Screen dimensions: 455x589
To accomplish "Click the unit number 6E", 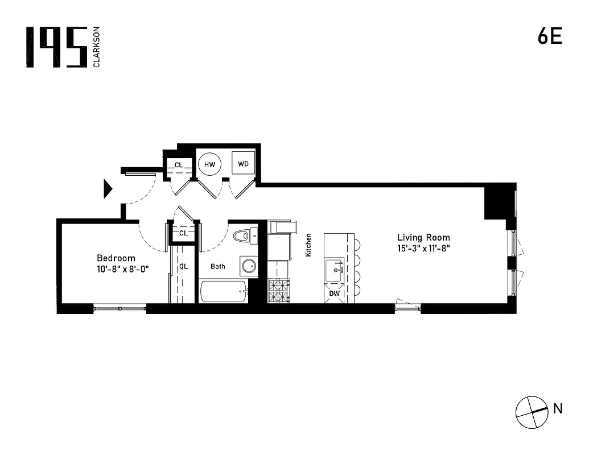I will point(550,36).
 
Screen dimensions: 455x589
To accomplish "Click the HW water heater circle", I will point(209,164).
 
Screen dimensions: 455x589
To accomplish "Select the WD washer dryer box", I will point(244,164).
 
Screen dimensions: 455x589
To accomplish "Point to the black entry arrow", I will point(108,189).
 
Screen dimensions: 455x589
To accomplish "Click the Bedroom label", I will point(116,258).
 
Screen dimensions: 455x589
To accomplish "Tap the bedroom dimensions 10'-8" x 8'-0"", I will point(122,270).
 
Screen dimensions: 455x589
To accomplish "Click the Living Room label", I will point(423,238).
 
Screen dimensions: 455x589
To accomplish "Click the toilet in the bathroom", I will point(245,235).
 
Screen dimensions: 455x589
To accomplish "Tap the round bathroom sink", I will point(248,266).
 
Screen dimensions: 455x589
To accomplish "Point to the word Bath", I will point(218,266).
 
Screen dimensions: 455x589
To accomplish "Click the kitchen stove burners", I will point(278,291).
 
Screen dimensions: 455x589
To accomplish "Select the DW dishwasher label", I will point(335,293).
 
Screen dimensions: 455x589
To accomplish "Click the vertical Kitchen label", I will point(308,245).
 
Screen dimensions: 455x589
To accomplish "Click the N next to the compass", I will point(558,408).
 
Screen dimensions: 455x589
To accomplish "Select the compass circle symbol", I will point(530,410).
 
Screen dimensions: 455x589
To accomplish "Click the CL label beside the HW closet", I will point(179,165).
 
